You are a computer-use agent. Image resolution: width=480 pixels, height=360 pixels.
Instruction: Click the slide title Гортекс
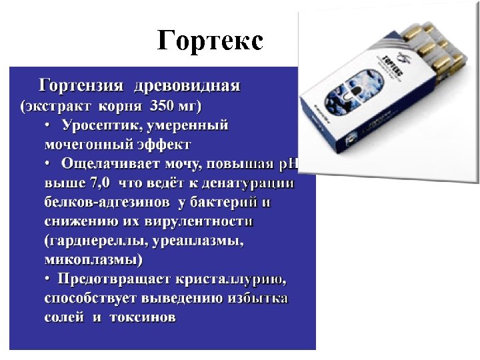210,41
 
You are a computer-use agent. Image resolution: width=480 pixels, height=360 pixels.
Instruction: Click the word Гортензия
81,86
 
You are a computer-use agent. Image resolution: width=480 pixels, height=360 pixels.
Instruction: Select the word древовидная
187,86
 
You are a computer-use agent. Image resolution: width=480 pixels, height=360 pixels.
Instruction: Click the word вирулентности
201,221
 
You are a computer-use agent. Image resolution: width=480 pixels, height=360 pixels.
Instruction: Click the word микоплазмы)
93,259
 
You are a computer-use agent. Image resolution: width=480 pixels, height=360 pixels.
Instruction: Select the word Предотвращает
114,279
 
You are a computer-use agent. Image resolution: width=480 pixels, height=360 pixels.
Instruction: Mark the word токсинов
141,317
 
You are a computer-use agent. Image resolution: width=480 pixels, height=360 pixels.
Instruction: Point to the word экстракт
57,105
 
